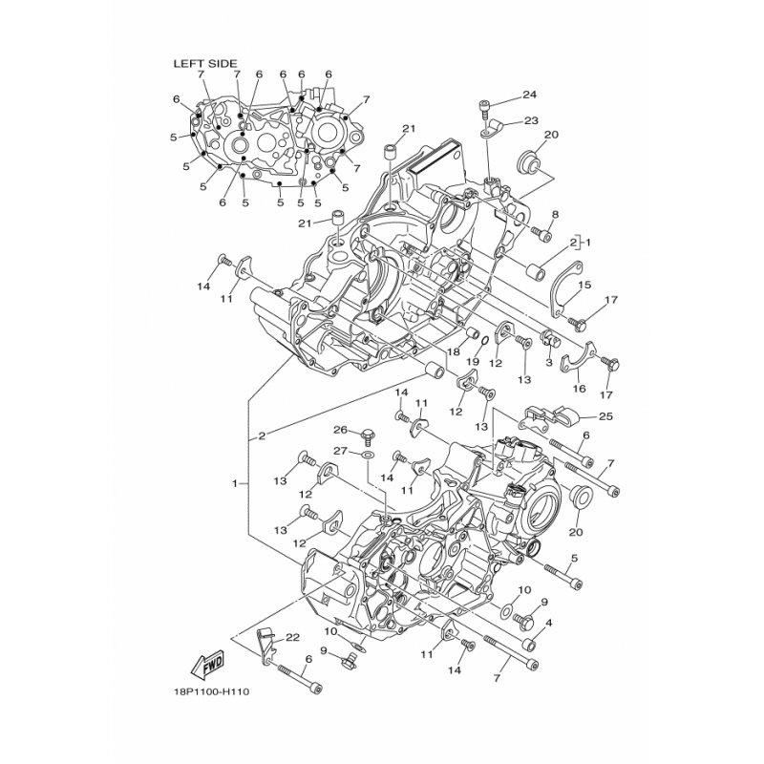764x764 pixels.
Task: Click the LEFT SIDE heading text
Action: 205,63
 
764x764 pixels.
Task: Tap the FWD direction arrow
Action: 207,664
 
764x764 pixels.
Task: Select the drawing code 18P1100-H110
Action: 211,691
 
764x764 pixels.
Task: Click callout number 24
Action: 529,95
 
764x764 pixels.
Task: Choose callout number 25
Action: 606,416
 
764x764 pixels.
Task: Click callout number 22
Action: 292,637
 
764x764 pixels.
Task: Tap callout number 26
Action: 340,430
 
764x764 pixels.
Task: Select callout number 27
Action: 340,451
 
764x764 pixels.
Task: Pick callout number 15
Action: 584,285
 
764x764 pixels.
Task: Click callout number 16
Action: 580,389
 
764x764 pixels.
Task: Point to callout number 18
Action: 454,350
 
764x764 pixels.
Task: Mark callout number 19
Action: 473,362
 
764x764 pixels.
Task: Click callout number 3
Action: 548,363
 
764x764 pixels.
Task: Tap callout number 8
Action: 555,214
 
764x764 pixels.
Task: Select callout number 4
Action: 549,623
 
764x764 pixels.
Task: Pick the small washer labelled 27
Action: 368,456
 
